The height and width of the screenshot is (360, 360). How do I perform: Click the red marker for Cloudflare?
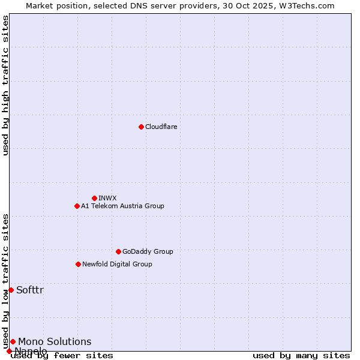(x=141, y=127)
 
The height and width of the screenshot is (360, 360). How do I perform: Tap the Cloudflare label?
(x=161, y=127)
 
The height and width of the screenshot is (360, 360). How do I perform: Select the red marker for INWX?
(x=94, y=198)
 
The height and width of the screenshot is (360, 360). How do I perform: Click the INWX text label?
(x=107, y=198)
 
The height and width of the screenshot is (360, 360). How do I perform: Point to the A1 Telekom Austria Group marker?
(x=77, y=206)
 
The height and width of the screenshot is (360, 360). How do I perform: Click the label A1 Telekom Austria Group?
(x=122, y=206)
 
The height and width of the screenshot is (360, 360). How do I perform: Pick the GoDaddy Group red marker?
(x=118, y=251)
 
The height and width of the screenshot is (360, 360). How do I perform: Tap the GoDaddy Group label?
(x=148, y=251)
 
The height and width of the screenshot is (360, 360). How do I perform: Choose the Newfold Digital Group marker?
(x=78, y=264)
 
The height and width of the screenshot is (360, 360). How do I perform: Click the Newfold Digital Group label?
(x=117, y=264)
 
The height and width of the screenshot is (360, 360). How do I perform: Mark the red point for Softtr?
(x=11, y=290)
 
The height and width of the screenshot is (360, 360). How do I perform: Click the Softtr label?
(x=30, y=290)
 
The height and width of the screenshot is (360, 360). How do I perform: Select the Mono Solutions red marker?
(x=13, y=341)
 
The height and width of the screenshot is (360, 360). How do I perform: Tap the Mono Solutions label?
(x=55, y=342)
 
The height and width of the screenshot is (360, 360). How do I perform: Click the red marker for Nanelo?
(x=9, y=351)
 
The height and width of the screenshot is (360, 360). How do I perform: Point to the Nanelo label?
(x=31, y=351)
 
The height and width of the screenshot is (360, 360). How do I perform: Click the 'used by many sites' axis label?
(x=301, y=356)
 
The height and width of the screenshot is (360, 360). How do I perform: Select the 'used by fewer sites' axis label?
(x=62, y=356)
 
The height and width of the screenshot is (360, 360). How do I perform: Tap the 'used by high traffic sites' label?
(x=6, y=85)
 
